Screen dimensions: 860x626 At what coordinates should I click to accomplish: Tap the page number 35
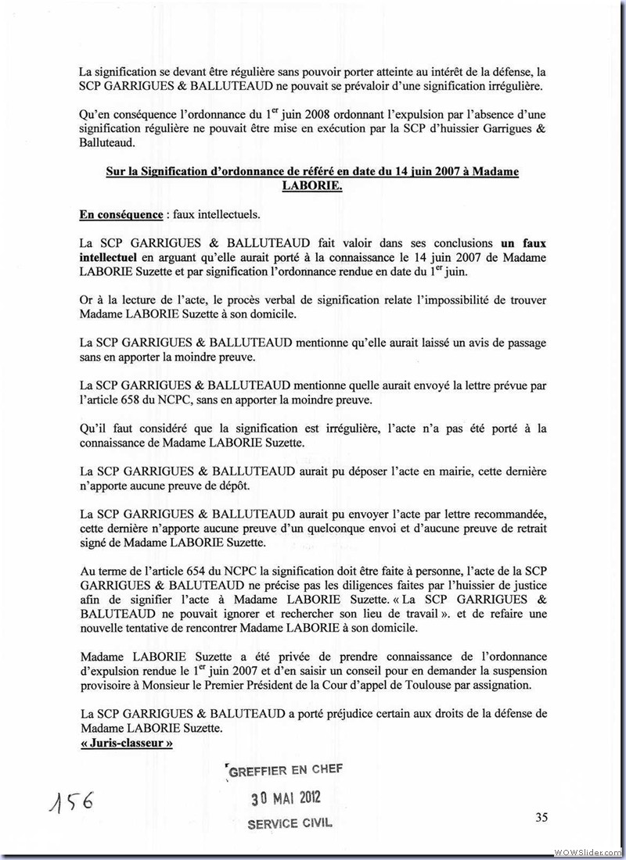tap(541, 818)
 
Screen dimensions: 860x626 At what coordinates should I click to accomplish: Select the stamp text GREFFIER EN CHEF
tap(284, 770)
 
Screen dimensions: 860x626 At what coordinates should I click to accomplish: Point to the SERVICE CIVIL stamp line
tap(290, 823)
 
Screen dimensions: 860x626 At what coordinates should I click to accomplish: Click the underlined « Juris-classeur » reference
tap(126, 745)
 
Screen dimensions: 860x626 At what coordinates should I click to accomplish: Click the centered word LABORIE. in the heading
tap(312, 188)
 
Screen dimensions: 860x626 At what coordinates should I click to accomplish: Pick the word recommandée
tap(509, 514)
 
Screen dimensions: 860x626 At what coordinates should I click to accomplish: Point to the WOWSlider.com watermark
tap(588, 851)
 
